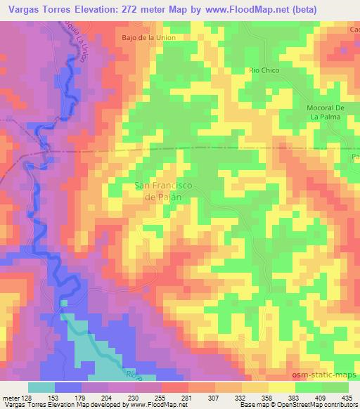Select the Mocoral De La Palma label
tap(325, 112)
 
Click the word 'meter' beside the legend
tap(11, 398)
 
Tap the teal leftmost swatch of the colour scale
tap(42, 387)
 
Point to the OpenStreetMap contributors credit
tap(317, 405)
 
